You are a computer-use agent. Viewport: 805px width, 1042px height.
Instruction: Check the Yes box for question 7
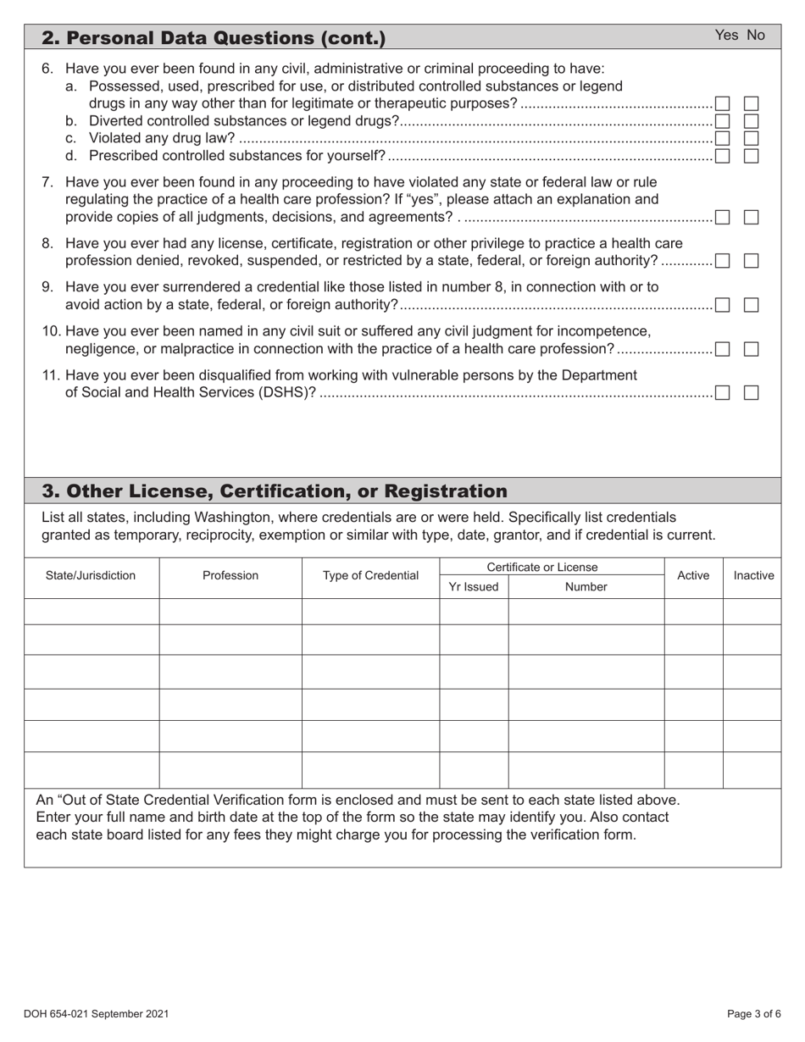pos(723,218)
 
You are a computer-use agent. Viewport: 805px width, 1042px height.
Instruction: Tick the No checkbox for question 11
pos(751,392)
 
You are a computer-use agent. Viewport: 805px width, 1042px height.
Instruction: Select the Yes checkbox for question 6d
pos(723,155)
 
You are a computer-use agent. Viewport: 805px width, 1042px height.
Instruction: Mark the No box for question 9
pos(751,305)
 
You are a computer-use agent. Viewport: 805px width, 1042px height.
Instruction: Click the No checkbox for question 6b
pos(751,120)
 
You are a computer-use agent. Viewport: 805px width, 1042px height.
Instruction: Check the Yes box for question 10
pos(723,349)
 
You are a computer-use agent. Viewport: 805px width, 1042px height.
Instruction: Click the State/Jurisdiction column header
pos(91,576)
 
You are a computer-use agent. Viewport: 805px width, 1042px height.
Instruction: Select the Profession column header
pos(230,576)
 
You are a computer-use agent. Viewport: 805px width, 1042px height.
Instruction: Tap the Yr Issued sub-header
pos(474,586)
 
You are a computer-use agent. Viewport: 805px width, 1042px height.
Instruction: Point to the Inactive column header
pos(753,576)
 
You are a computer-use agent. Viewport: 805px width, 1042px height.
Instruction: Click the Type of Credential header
pos(370,576)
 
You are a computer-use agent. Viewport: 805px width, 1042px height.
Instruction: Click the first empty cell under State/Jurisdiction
pos(91,612)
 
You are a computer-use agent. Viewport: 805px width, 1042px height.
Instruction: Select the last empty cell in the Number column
pos(586,770)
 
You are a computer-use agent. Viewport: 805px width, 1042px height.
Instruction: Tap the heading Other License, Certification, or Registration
pos(275,491)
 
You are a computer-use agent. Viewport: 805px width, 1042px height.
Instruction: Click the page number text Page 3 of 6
pos(754,1013)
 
